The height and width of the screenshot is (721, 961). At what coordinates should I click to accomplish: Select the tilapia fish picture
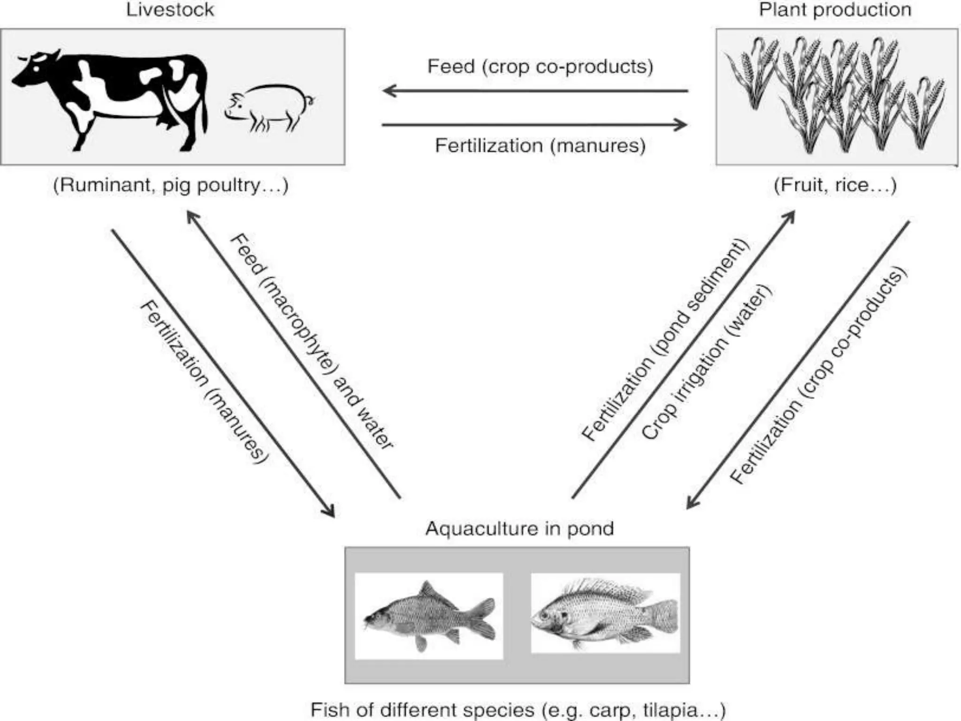[x=605, y=613]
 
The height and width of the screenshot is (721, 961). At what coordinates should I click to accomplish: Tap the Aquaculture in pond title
[x=519, y=529]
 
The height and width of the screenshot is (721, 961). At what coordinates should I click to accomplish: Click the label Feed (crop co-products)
[x=540, y=67]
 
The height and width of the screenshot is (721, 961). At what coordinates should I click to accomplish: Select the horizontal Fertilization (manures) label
[x=540, y=146]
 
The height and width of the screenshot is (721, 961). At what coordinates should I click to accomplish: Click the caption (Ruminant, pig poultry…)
[x=170, y=185]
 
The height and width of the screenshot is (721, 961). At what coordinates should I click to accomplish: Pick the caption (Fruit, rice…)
[x=835, y=185]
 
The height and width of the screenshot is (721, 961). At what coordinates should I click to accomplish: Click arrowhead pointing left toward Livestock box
[x=389, y=91]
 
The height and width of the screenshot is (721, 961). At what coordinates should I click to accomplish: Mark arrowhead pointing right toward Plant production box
[x=681, y=125]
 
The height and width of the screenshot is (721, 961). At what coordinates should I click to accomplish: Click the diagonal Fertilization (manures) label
[x=204, y=383]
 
